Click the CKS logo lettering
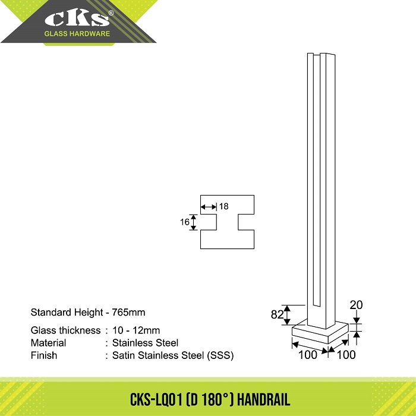pyautogui.click(x=77, y=18)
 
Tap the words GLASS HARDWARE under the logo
pyautogui.click(x=77, y=34)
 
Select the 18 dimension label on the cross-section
pyautogui.click(x=223, y=206)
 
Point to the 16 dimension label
pyautogui.click(x=185, y=222)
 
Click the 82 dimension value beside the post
pyautogui.click(x=278, y=314)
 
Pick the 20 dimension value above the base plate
pyautogui.click(x=356, y=305)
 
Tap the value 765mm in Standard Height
pyautogui.click(x=128, y=312)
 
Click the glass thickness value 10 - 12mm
pyautogui.click(x=136, y=330)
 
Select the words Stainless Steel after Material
pyautogui.click(x=145, y=343)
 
